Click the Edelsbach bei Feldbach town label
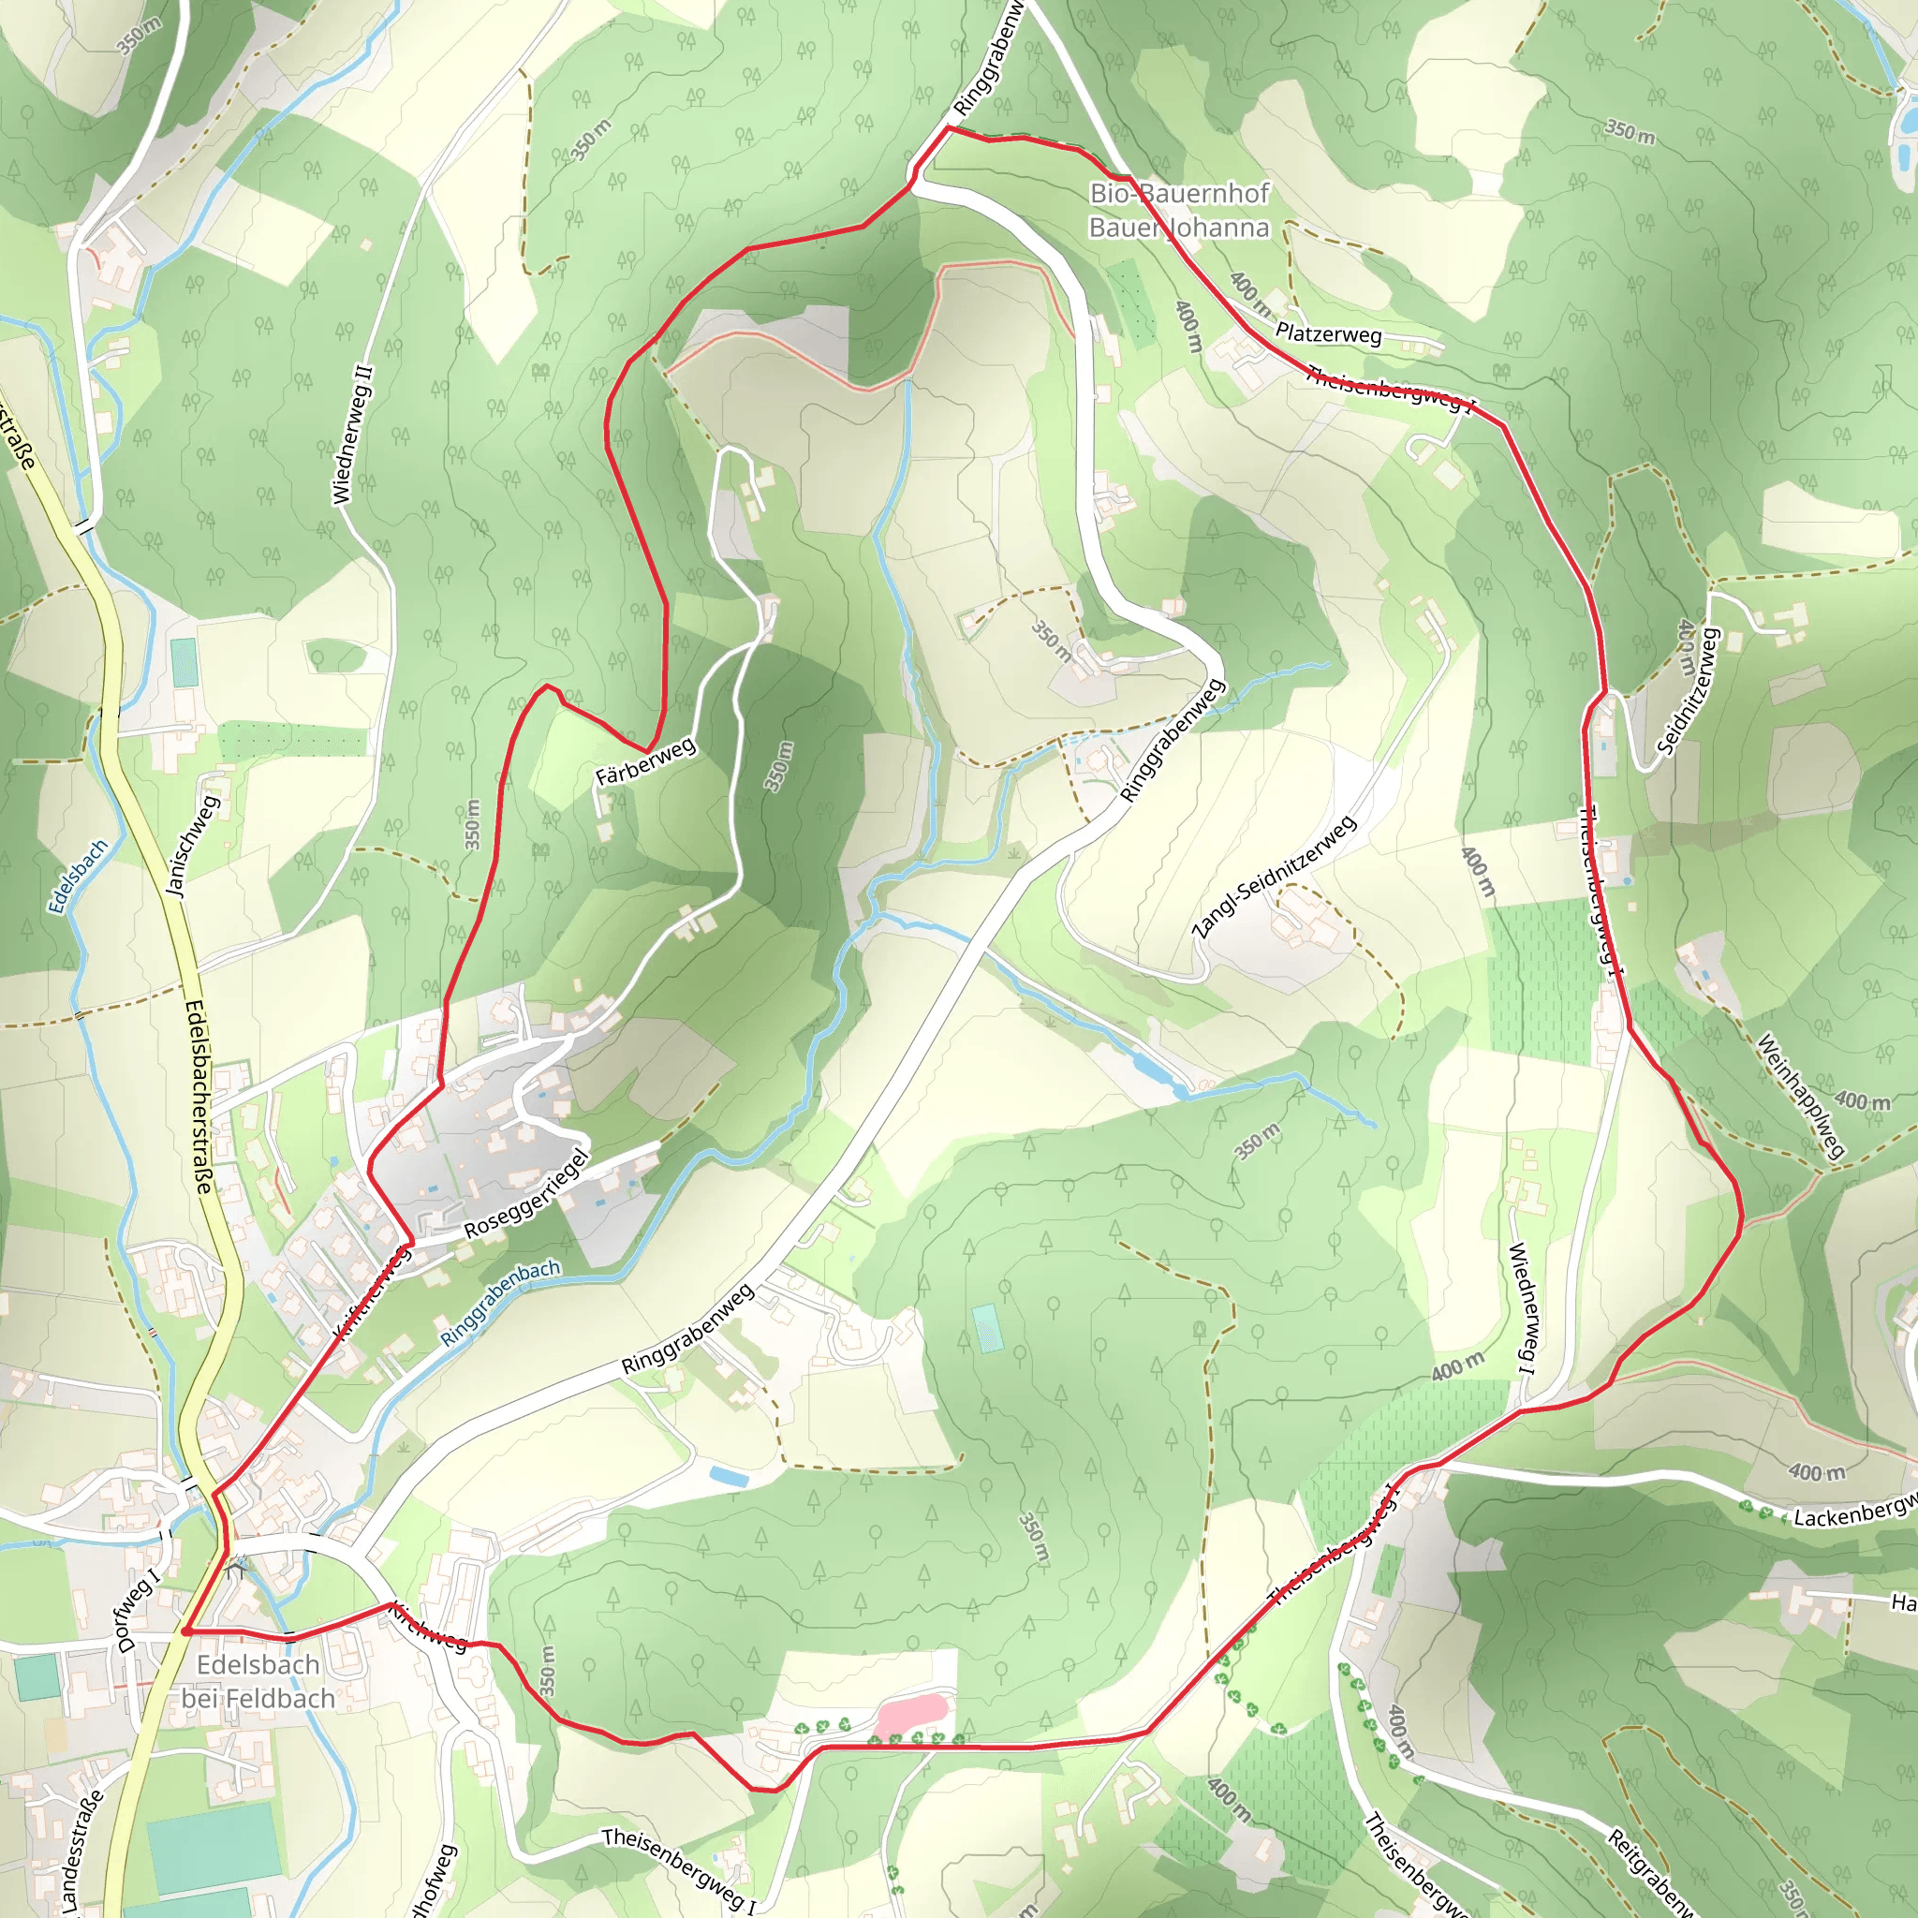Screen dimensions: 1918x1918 tap(258, 1681)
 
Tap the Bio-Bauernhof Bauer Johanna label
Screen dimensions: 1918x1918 tap(1178, 211)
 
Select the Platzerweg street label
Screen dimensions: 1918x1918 tap(1328, 333)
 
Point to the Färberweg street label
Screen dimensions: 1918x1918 tap(645, 762)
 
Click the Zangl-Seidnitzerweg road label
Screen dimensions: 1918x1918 tap(1274, 878)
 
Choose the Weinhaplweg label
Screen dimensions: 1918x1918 tap(1800, 1096)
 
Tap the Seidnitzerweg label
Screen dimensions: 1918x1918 tap(1687, 691)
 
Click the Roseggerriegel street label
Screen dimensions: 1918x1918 tap(527, 1193)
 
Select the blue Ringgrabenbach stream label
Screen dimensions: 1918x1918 tap(500, 1302)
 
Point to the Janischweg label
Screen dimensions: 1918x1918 tap(193, 847)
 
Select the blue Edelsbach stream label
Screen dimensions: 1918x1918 tap(78, 877)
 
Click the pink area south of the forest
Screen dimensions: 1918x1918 tap(912, 1714)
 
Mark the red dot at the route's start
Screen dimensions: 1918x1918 tap(185, 1630)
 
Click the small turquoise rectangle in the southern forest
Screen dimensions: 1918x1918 tap(987, 1328)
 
